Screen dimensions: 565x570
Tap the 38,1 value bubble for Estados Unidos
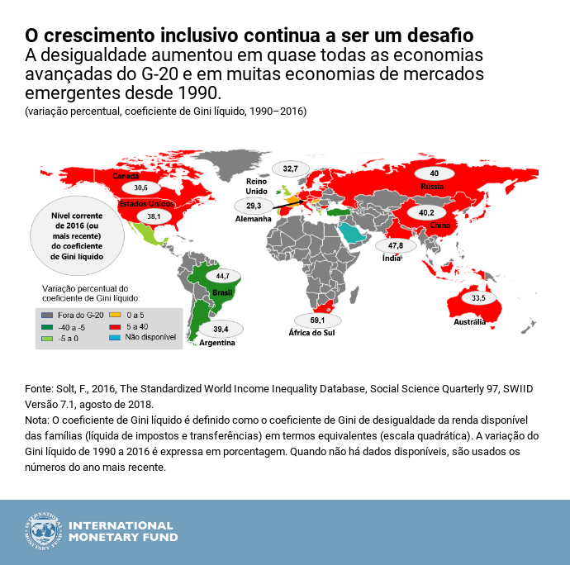(x=154, y=216)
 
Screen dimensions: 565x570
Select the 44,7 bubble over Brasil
(x=222, y=276)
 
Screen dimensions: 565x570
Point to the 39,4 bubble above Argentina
(x=220, y=329)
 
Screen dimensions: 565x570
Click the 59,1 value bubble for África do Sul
(x=317, y=320)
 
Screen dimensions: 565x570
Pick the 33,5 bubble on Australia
(x=478, y=297)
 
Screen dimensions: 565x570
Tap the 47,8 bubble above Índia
(x=395, y=246)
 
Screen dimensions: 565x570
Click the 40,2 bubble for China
(x=426, y=212)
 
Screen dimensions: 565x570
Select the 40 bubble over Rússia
(x=434, y=174)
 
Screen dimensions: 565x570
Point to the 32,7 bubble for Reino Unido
(x=291, y=169)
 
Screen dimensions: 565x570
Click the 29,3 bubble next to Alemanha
(x=254, y=206)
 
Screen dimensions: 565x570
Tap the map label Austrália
(x=469, y=322)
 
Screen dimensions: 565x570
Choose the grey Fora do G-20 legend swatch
(x=47, y=314)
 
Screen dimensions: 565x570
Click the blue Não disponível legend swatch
(x=114, y=337)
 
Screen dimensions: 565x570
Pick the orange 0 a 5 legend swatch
(x=114, y=314)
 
